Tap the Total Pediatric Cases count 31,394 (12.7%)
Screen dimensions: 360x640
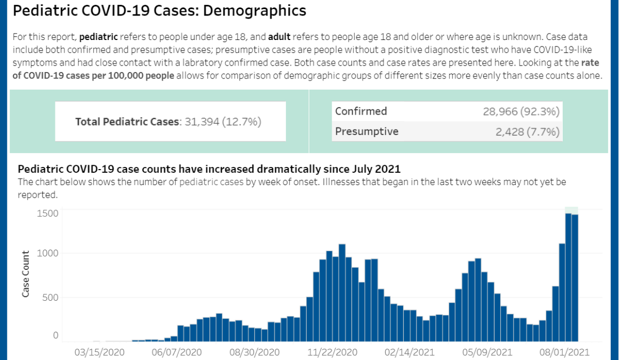pyautogui.click(x=223, y=122)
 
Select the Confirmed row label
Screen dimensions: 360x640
pyautogui.click(x=361, y=111)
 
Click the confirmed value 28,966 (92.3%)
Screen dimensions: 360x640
pyautogui.click(x=521, y=111)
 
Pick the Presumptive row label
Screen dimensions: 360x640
pyautogui.click(x=366, y=131)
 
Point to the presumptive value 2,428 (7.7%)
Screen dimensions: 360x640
pyautogui.click(x=527, y=132)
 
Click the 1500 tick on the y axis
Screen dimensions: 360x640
pyautogui.click(x=47, y=213)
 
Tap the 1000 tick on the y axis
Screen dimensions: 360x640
pyautogui.click(x=47, y=253)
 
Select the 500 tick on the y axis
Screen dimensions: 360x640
pyautogui.click(x=50, y=297)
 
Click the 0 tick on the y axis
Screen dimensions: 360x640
pyautogui.click(x=55, y=335)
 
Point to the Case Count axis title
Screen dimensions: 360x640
pyautogui.click(x=26, y=274)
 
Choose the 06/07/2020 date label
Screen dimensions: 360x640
pyautogui.click(x=177, y=352)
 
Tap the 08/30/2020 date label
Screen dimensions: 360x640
pyautogui.click(x=255, y=352)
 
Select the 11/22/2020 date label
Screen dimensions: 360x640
pyautogui.click(x=332, y=352)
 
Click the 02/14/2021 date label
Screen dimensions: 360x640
pyautogui.click(x=410, y=352)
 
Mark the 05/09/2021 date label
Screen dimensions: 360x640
pyautogui.click(x=487, y=352)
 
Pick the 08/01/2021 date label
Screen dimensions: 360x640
pyautogui.click(x=564, y=352)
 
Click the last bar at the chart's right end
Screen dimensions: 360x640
pyautogui.click(x=575, y=277)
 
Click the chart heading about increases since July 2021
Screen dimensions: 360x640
pyautogui.click(x=209, y=169)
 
